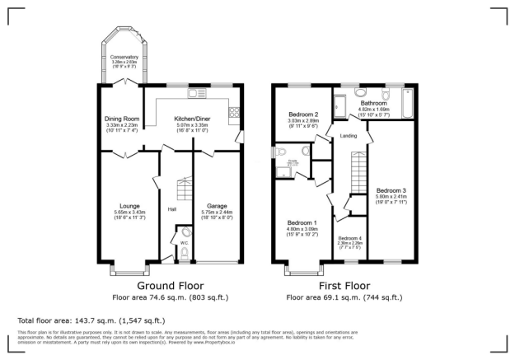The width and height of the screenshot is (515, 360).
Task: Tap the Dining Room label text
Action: coord(122,119)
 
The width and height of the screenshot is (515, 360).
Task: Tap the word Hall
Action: coord(171,210)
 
